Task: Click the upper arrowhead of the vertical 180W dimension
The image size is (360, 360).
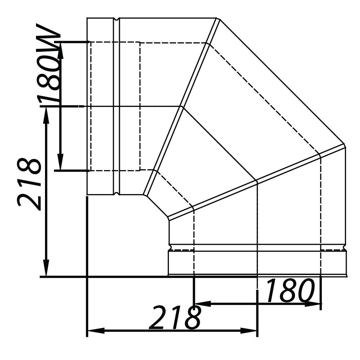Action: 60,48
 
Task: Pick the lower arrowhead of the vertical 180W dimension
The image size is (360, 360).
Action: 60,164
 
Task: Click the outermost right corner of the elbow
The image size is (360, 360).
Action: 345,144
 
